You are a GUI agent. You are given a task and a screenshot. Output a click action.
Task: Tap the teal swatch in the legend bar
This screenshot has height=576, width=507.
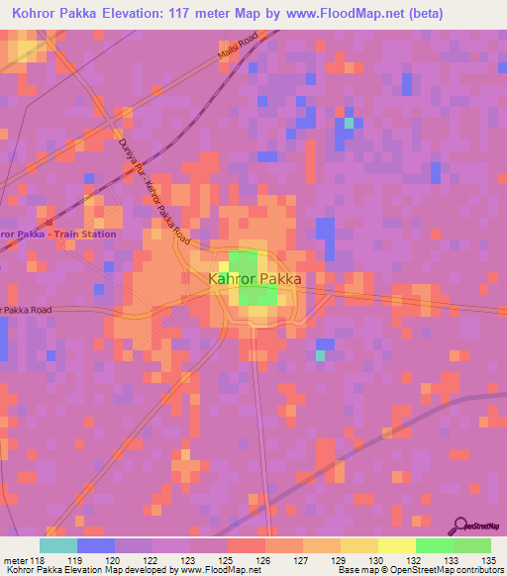coord(58,545)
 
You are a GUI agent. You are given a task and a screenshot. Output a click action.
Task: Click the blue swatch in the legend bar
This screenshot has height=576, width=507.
coord(96,545)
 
